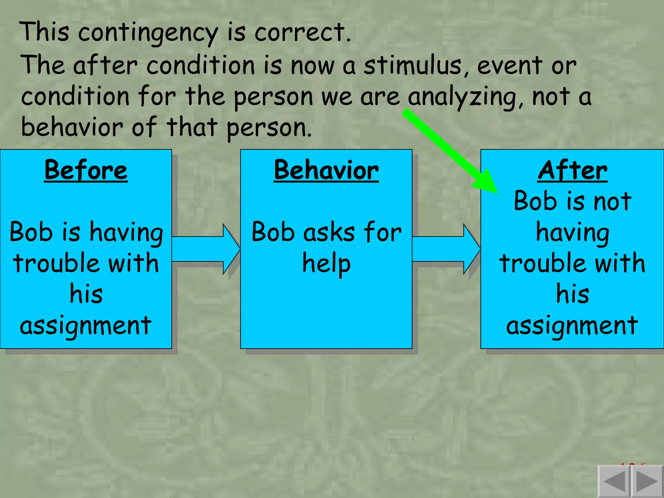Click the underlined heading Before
pyautogui.click(x=86, y=170)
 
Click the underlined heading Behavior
pyautogui.click(x=326, y=170)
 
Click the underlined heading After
pyautogui.click(x=573, y=170)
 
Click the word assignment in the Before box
pyautogui.click(x=86, y=326)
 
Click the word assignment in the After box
pyautogui.click(x=572, y=326)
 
